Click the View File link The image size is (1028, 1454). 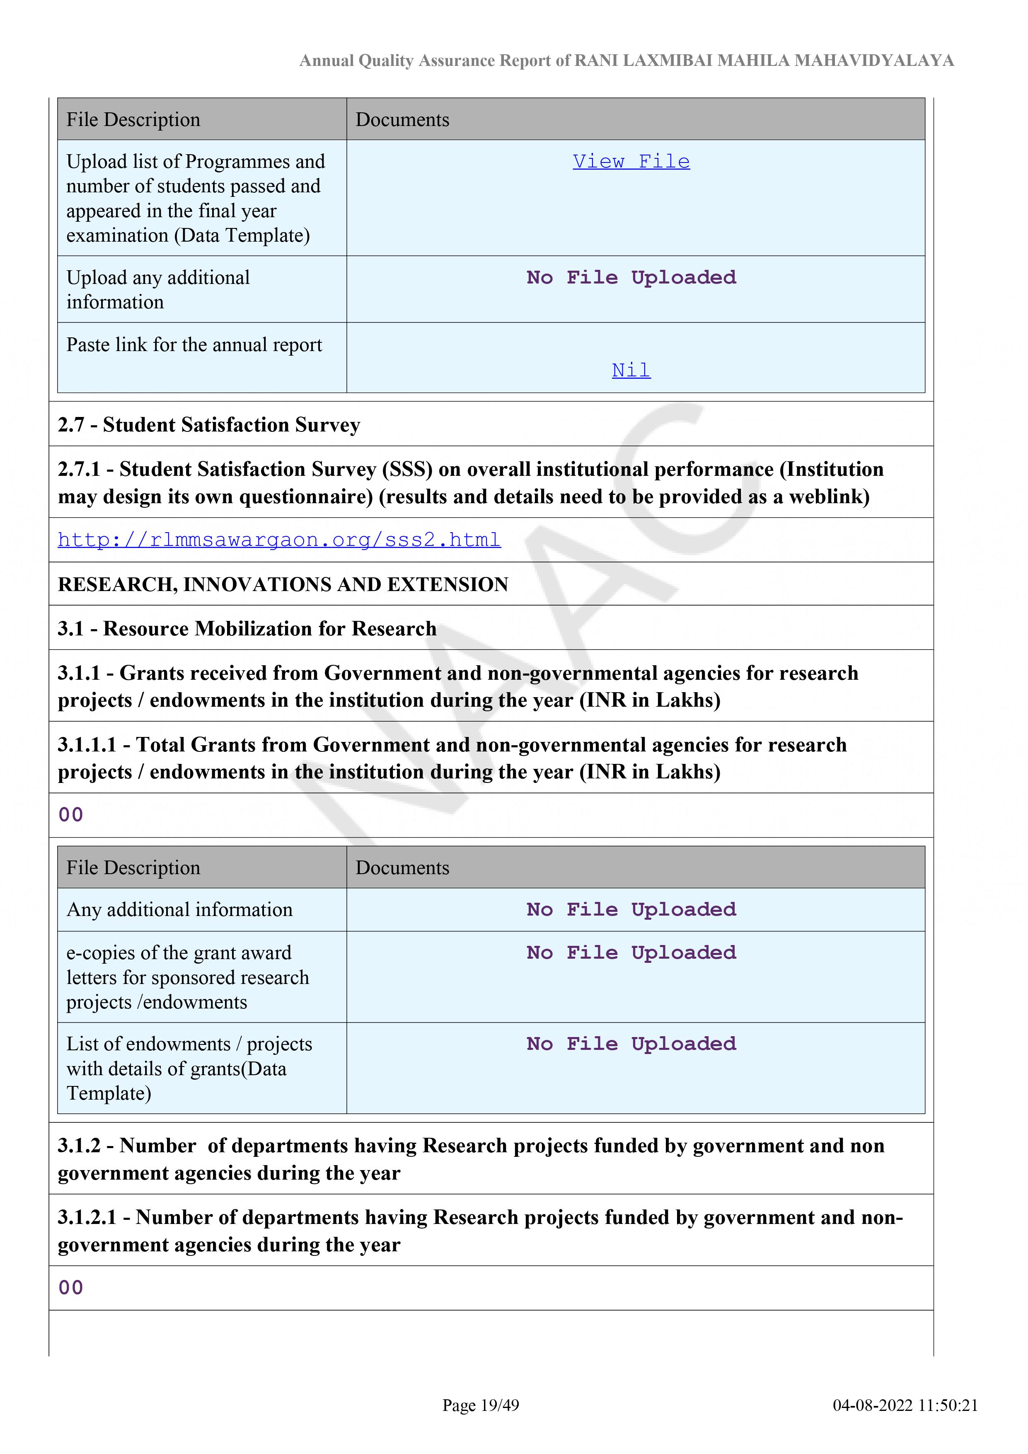click(631, 162)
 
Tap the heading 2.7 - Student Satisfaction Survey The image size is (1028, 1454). click(209, 424)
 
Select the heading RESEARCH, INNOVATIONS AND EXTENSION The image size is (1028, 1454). click(283, 584)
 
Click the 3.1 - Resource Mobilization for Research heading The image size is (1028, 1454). click(247, 628)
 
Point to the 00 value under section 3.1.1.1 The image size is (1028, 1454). click(70, 814)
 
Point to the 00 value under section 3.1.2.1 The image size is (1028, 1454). click(70, 1287)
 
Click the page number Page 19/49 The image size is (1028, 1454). click(481, 1405)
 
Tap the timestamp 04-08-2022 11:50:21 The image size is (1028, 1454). click(905, 1405)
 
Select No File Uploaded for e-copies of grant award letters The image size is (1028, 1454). click(631, 952)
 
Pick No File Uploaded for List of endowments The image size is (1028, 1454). click(631, 1044)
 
